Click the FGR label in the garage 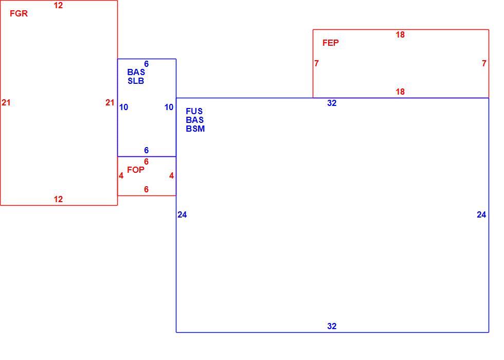(19, 13)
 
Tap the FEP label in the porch (330, 43)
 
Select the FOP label (136, 170)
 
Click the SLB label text (136, 81)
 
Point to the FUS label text (194, 111)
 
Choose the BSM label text (195, 129)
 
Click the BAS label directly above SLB (136, 73)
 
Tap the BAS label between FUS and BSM (195, 120)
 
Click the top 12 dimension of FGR (58, 6)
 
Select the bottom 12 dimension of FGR (58, 200)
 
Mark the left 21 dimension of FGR (6, 102)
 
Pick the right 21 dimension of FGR (110, 102)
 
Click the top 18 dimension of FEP (400, 35)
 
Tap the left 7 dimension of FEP (317, 64)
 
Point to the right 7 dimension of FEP (484, 64)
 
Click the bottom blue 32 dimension (332, 326)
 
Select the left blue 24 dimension (182, 215)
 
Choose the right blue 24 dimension (481, 215)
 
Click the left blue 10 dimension (124, 107)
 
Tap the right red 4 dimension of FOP (172, 175)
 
